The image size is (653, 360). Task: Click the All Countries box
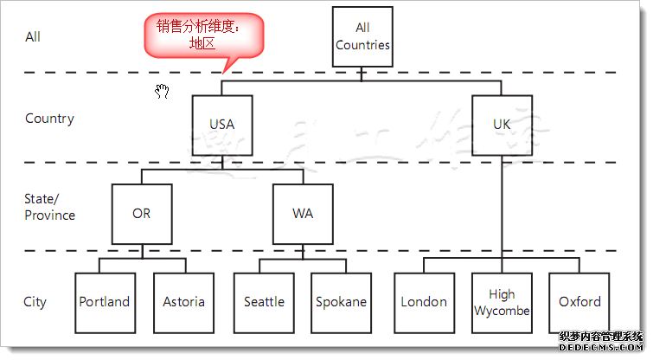click(362, 37)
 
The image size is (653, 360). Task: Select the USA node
click(221, 124)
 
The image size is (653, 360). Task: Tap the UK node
click(502, 124)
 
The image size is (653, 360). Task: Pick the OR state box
click(142, 213)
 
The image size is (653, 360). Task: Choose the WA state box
click(303, 213)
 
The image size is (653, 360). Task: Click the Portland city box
click(104, 302)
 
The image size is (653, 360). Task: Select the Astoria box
click(183, 302)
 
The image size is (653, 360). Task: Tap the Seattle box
click(264, 302)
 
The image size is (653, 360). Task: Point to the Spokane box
click(341, 302)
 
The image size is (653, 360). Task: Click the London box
click(424, 302)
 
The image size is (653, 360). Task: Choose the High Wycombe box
click(502, 302)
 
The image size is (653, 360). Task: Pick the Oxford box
click(579, 302)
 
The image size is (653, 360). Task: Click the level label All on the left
click(33, 37)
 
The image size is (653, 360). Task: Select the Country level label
click(49, 119)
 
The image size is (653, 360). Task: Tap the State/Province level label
click(49, 207)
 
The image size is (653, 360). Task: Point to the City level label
click(35, 302)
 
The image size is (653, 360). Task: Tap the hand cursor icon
click(162, 92)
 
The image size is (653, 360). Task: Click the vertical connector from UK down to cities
click(502, 208)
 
